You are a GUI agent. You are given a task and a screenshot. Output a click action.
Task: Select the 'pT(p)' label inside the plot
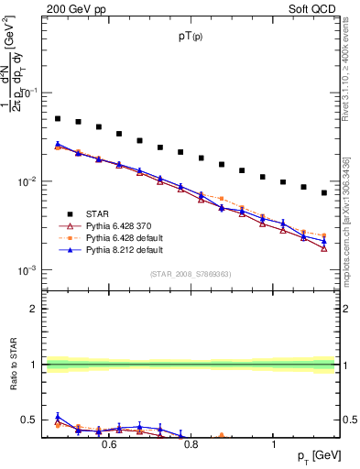(191, 36)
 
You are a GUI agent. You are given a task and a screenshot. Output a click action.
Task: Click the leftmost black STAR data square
(58, 118)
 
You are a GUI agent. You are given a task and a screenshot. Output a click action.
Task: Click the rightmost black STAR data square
(324, 192)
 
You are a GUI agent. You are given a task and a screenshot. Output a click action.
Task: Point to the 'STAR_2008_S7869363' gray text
(190, 274)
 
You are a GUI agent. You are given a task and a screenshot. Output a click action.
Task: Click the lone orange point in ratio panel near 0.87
(222, 436)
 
